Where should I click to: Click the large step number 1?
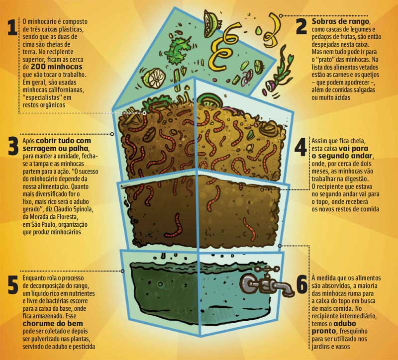[x=12, y=28]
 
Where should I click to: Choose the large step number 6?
[x=301, y=285]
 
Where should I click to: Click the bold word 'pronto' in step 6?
[x=324, y=332]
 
